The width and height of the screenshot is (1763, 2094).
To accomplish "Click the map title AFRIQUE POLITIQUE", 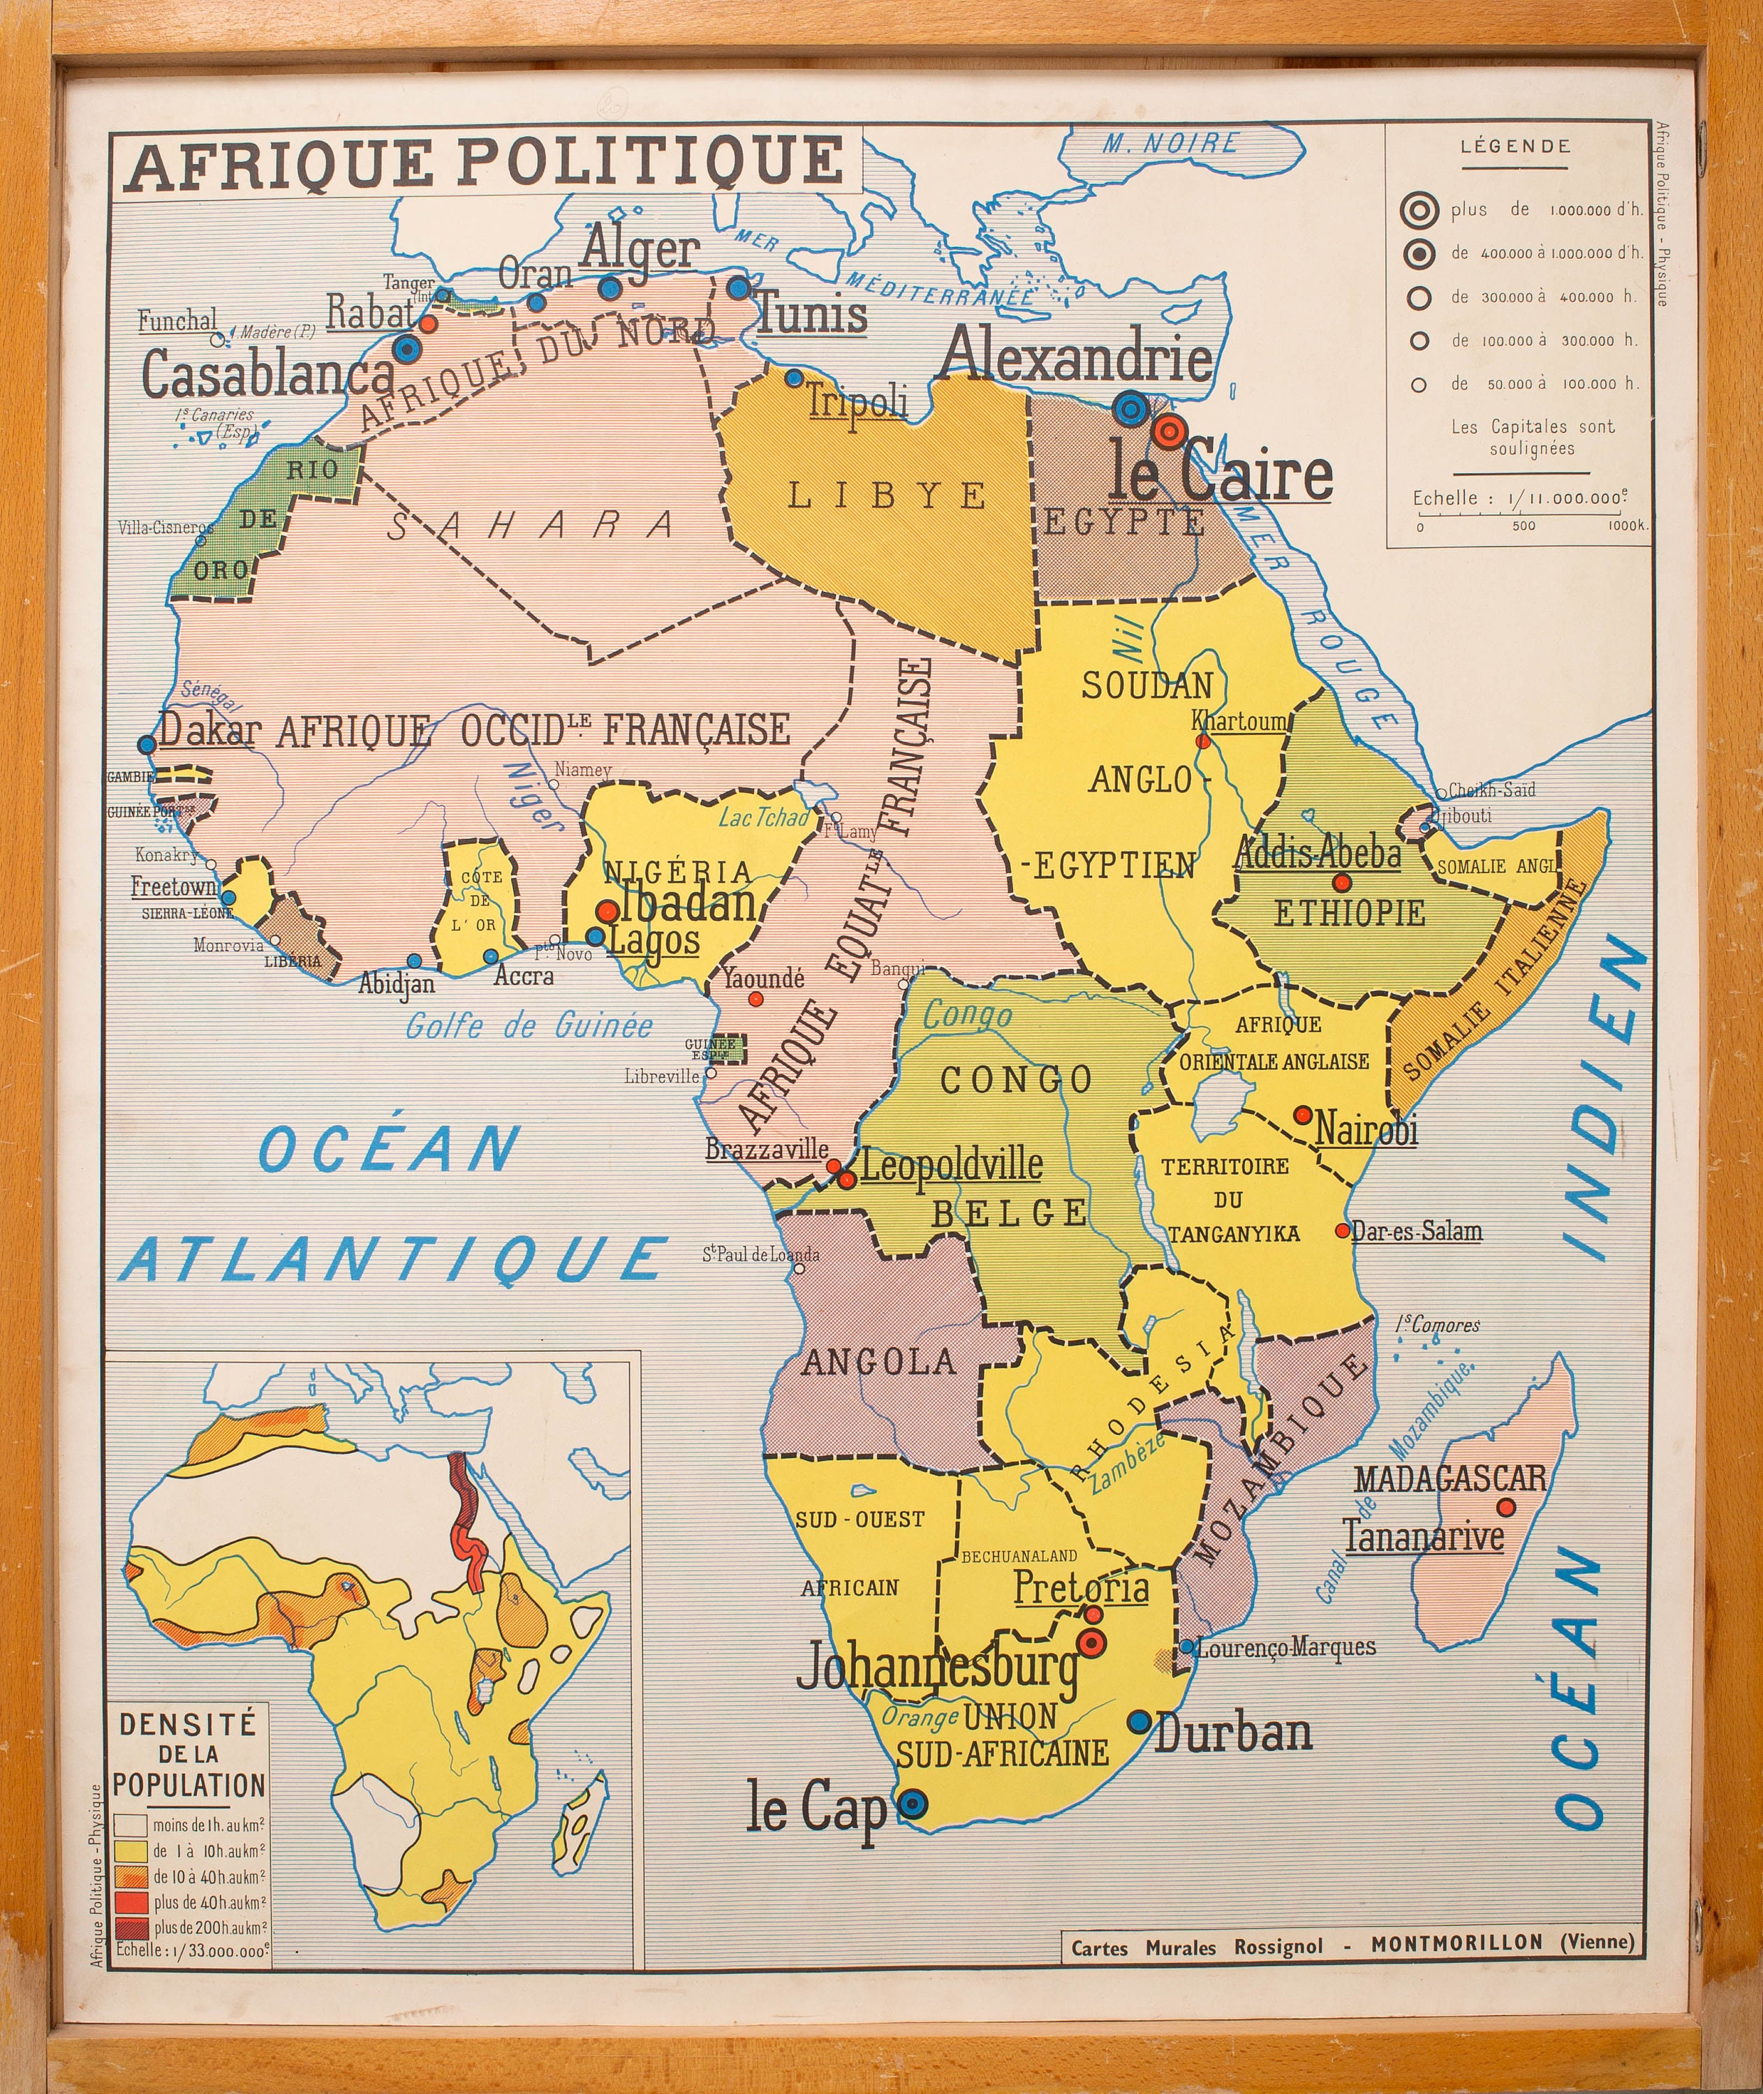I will (486, 162).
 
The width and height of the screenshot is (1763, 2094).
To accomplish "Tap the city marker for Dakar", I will (147, 744).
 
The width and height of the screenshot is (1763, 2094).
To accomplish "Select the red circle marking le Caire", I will (1166, 431).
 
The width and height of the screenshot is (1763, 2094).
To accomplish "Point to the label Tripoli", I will (857, 401).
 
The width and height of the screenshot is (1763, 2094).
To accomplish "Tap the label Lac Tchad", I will (764, 817).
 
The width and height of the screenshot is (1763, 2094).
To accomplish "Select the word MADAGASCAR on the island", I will (1450, 1478).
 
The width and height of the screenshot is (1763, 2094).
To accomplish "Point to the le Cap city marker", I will (911, 1803).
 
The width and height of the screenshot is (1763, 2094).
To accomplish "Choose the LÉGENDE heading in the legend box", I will (1515, 146).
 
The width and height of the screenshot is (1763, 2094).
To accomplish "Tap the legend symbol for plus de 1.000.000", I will (1418, 210).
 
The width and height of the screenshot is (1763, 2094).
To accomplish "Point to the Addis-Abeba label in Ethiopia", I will (1318, 853).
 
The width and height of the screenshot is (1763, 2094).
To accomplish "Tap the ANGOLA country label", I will (878, 1360).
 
